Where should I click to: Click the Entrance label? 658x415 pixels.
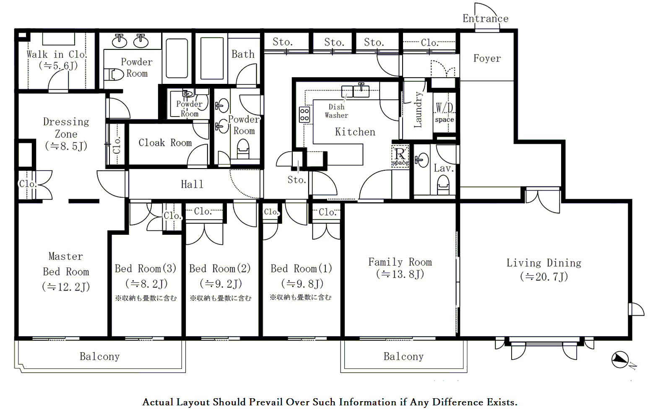tap(485, 18)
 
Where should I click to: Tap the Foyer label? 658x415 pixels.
tap(487, 58)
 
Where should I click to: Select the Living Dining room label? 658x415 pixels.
tap(544, 263)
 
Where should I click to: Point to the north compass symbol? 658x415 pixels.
tap(620, 360)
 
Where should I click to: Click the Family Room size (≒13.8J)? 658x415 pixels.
tap(400, 274)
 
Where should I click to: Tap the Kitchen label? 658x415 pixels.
tap(355, 132)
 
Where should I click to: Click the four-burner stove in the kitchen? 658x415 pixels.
tap(304, 115)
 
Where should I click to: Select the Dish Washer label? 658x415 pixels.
tap(336, 111)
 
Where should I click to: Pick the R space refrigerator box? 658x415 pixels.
tap(400, 156)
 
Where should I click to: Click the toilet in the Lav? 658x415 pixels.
tap(443, 185)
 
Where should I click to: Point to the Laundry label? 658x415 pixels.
tap(418, 109)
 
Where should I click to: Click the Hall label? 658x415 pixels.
tap(192, 184)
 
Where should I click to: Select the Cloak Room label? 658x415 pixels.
tap(165, 143)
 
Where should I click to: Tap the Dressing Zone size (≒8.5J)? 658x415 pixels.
tap(66, 146)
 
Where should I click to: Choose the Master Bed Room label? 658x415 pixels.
tap(66, 264)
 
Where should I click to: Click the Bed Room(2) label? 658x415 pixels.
tap(220, 268)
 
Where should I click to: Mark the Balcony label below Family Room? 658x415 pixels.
tap(403, 357)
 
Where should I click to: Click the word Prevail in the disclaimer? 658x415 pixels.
tap(268, 402)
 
